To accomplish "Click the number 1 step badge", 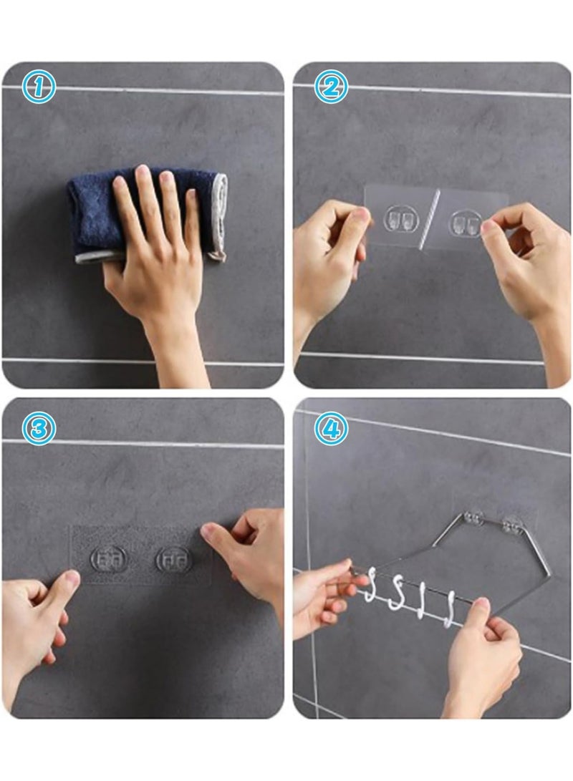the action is pos(39,87).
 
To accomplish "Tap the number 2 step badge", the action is pos(329,87).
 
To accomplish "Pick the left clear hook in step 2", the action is pos(399,218).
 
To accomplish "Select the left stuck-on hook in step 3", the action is pos(110,559).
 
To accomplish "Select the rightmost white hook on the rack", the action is pos(451,609).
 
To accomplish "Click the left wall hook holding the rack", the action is pos(473,518).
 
